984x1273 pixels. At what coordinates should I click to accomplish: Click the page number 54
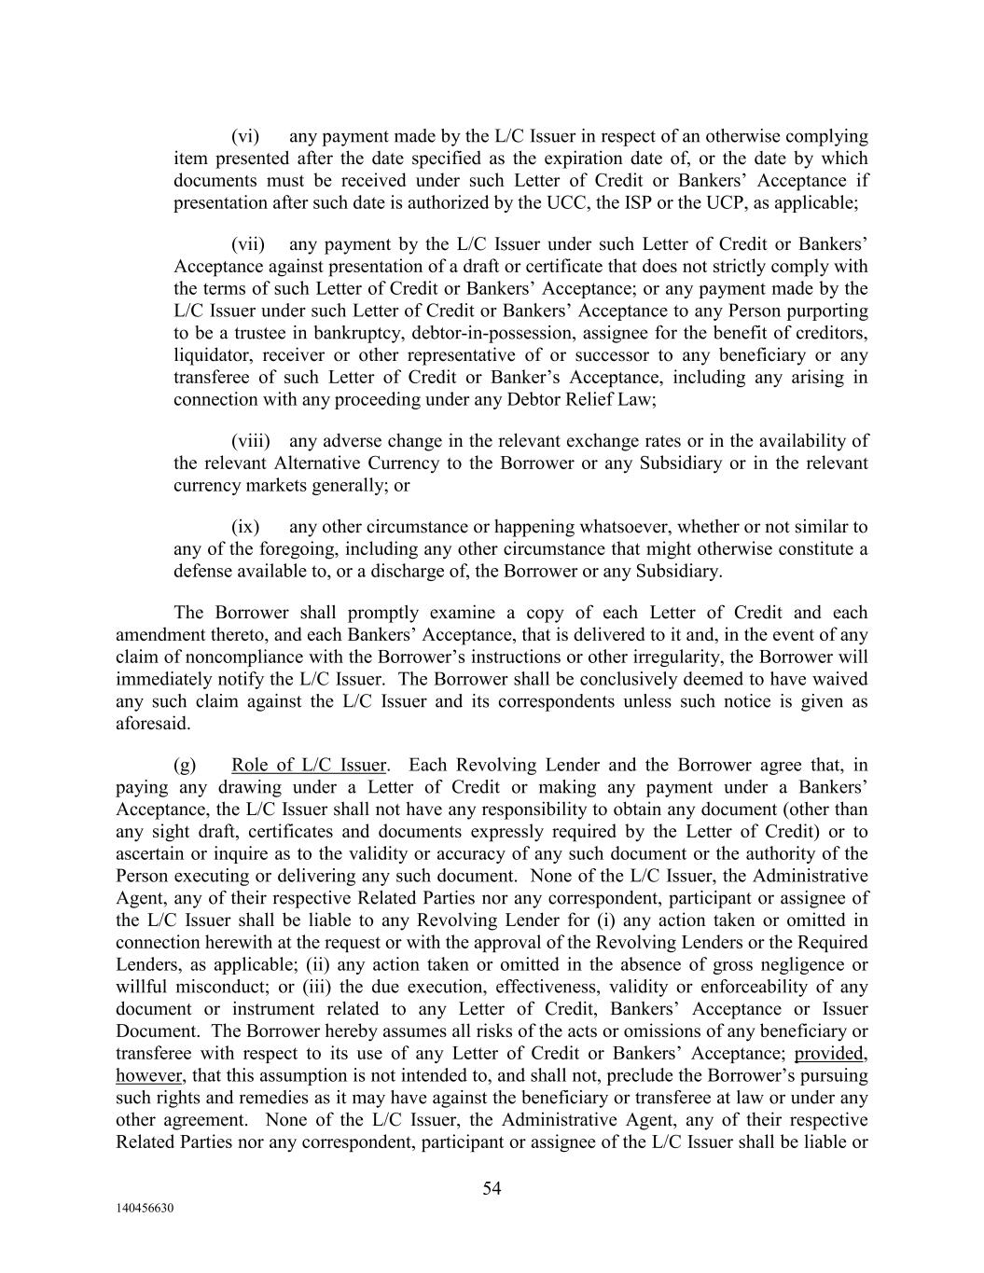(492, 1188)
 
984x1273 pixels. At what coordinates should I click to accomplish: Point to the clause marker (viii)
(251, 441)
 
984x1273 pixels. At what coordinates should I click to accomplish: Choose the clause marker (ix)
(245, 527)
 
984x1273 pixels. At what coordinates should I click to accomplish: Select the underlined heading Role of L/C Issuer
(309, 766)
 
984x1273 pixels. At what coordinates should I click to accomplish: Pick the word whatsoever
(617, 527)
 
